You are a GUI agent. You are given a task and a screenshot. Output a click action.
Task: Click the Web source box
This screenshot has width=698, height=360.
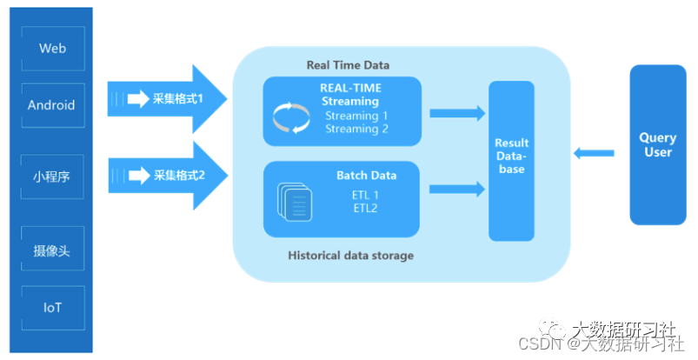tap(52, 49)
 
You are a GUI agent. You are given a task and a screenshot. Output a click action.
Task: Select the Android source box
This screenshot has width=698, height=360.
tap(52, 105)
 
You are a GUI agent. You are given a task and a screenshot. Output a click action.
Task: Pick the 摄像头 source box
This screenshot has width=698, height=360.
tap(52, 251)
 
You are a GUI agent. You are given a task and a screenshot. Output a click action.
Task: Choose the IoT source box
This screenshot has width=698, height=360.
tap(52, 307)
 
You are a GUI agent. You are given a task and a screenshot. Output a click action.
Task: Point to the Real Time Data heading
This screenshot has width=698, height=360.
tap(348, 65)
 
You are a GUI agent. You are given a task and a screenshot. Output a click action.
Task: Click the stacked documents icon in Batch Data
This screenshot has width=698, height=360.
tap(295, 203)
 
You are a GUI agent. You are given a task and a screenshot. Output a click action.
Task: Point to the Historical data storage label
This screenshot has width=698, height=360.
tap(350, 256)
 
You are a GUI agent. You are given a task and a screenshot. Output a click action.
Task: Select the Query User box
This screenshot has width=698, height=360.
tap(656, 144)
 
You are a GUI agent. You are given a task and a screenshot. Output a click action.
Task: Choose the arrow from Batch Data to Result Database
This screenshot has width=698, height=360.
tap(457, 188)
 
